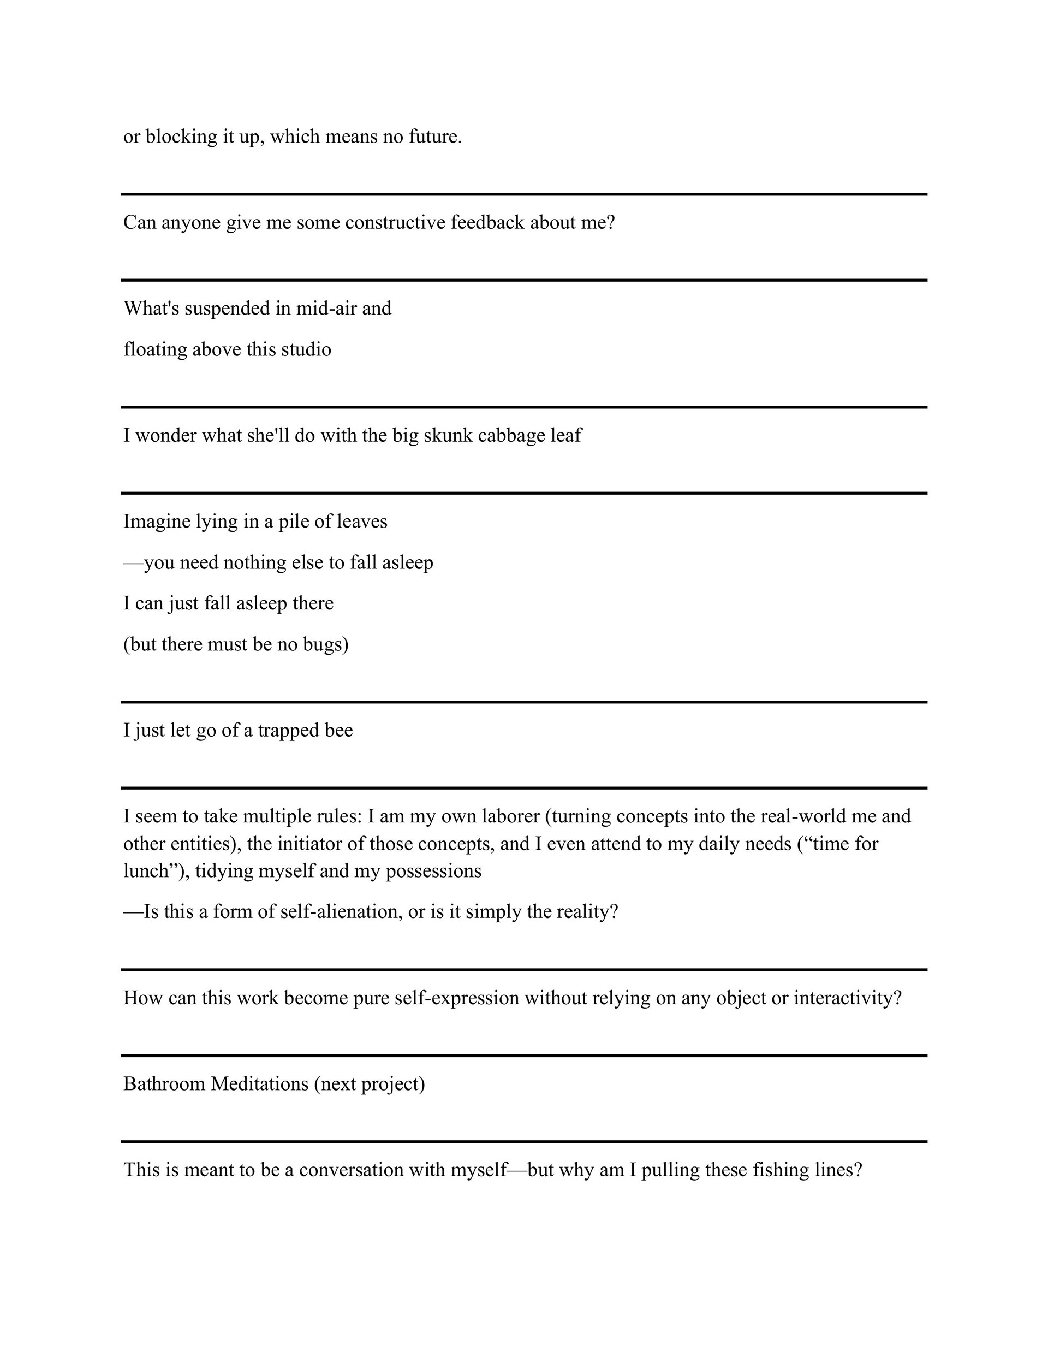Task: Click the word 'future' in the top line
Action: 433,136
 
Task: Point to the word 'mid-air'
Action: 326,308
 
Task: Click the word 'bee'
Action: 338,730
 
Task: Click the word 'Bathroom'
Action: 164,1083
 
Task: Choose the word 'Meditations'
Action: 260,1083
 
